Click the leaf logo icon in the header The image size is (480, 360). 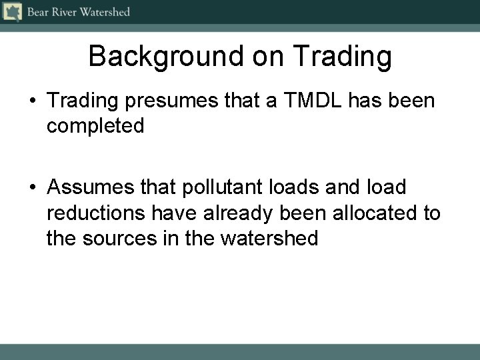(x=11, y=11)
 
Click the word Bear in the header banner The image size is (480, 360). (x=37, y=12)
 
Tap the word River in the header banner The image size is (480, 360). (x=65, y=12)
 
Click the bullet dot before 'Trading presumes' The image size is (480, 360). (x=33, y=102)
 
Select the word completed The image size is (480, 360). (x=95, y=126)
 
